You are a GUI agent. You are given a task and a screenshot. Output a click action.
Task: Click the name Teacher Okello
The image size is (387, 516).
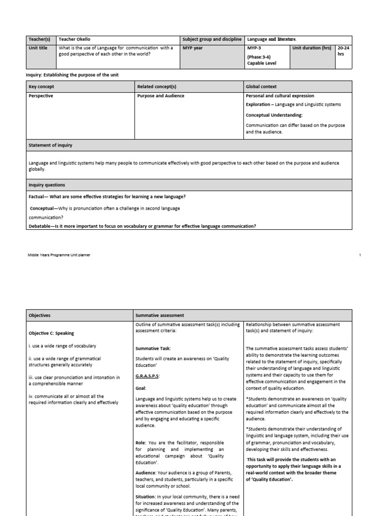tap(75, 39)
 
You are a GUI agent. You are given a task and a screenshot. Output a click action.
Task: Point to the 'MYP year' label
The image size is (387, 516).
tap(192, 48)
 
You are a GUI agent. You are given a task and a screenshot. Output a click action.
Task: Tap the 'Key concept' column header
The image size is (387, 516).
tap(41, 87)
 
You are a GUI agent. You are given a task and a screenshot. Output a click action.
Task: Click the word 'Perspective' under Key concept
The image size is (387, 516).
tap(41, 96)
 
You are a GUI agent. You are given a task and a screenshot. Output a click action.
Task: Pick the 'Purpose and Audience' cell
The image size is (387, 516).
tap(161, 96)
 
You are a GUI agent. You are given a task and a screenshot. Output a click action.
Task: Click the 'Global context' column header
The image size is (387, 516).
tap(261, 87)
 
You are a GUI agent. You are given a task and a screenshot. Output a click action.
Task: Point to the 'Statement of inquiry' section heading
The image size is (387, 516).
tap(50, 145)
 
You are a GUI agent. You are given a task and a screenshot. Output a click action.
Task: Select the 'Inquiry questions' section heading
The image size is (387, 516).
tap(47, 185)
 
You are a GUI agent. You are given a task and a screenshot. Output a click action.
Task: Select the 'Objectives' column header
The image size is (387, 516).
tap(39, 315)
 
